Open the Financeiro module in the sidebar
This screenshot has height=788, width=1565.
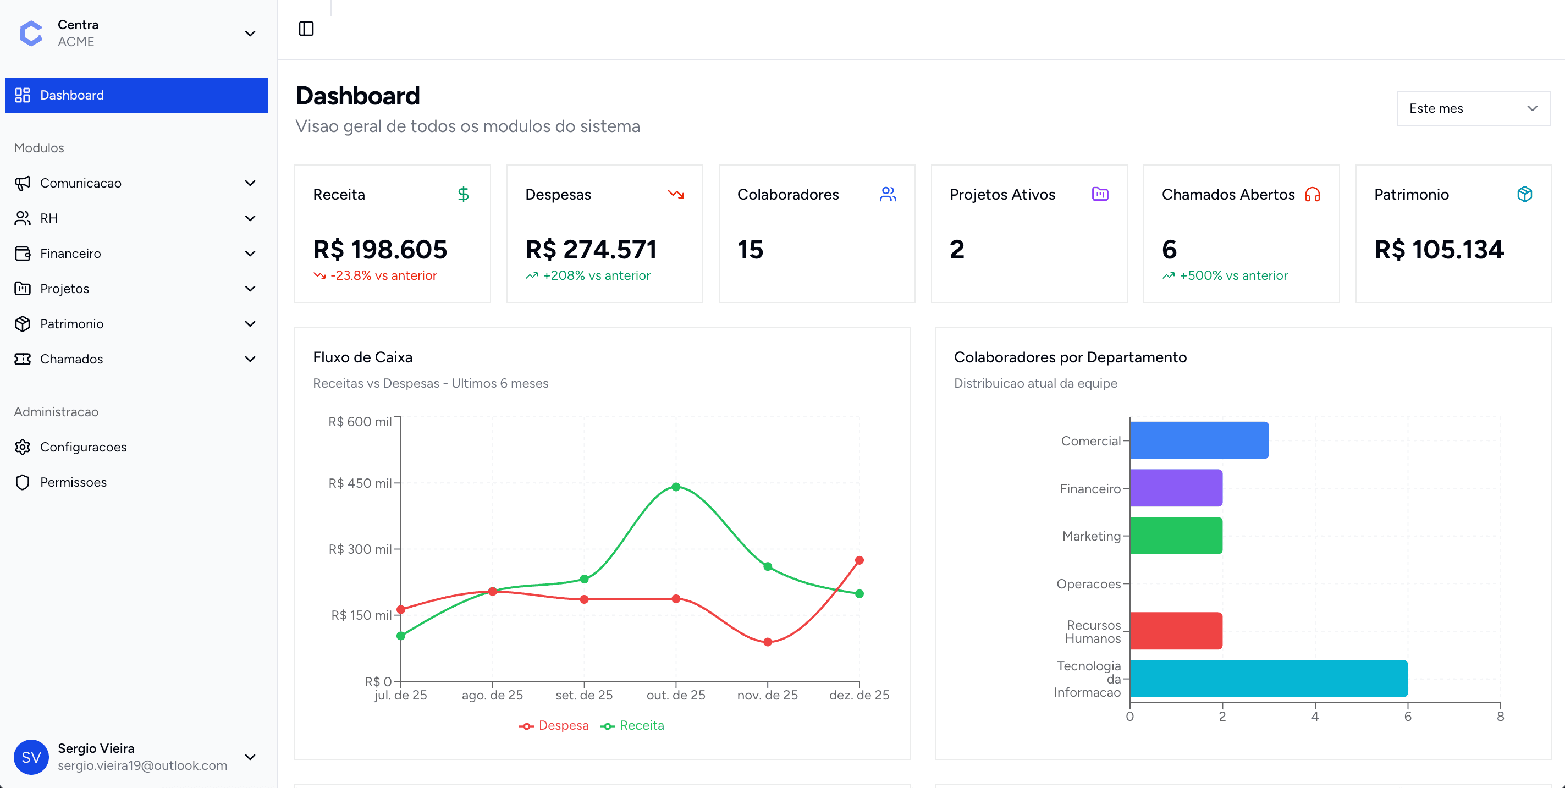70,254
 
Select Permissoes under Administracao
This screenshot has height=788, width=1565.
73,482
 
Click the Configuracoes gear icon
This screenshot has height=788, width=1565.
23,447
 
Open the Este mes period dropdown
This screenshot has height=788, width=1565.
1473,108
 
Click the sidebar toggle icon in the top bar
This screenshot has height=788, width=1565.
306,29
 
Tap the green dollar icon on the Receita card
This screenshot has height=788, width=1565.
463,195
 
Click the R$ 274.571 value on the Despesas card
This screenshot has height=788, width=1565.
591,250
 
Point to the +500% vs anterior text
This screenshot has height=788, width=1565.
1233,276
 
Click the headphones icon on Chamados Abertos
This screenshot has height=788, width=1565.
1312,195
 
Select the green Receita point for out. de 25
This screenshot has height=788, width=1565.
676,487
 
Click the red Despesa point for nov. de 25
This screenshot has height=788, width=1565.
767,642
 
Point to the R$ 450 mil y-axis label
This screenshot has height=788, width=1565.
360,483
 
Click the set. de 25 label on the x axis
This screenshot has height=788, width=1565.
584,695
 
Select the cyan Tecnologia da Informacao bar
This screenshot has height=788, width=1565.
1268,679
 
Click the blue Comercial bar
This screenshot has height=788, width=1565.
1199,440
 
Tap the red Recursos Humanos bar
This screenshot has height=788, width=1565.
1176,631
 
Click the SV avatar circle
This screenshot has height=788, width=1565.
31,757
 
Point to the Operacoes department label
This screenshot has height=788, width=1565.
1088,584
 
